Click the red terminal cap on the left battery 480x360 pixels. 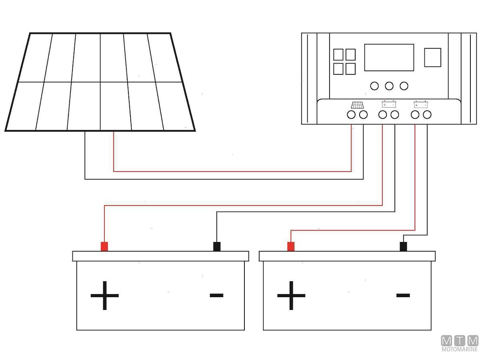click(x=104, y=246)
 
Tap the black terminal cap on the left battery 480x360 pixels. click(x=217, y=246)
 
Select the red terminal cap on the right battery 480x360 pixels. click(x=291, y=246)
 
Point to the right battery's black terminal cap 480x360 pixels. click(x=403, y=246)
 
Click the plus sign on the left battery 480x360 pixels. click(x=105, y=296)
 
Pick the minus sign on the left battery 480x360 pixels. click(x=216, y=296)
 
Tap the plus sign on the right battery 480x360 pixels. click(x=291, y=296)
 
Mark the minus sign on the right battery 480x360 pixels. click(x=403, y=296)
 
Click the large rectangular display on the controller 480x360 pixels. click(x=389, y=58)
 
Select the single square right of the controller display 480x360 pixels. click(x=432, y=57)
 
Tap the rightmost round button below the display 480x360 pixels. click(x=404, y=86)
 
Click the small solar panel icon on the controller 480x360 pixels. click(x=357, y=105)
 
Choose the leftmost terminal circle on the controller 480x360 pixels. click(x=351, y=115)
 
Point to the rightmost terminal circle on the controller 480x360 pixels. click(x=427, y=115)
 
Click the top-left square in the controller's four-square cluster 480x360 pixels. click(x=338, y=54)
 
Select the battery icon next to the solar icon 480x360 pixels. click(x=389, y=105)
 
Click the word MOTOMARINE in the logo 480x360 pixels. click(x=460, y=349)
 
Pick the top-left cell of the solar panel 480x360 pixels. click(x=38, y=58)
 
